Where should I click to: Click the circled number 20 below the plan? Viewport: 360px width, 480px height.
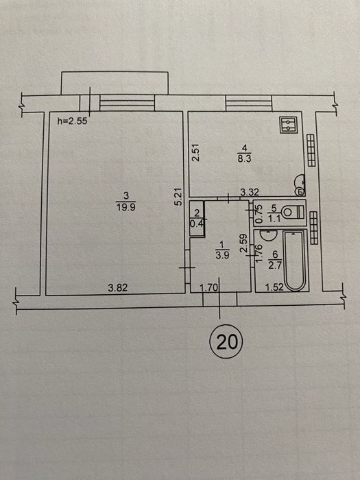[226, 341]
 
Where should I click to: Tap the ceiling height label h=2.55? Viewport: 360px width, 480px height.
[73, 121]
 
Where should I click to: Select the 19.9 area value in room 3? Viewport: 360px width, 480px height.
[125, 207]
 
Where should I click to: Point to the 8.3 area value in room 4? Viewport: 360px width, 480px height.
[244, 160]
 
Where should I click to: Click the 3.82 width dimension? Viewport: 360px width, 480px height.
[118, 288]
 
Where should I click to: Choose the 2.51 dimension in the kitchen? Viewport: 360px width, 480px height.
[196, 152]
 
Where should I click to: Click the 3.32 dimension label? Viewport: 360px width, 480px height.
[250, 192]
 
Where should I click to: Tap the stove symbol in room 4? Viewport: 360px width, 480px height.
[289, 125]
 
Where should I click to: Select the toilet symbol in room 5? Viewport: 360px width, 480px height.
[293, 212]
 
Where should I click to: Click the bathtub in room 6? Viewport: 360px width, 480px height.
[294, 260]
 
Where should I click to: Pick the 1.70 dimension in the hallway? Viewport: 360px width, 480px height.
[208, 287]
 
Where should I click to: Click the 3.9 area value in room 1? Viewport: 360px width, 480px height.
[222, 255]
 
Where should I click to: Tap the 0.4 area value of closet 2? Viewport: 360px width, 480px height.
[197, 224]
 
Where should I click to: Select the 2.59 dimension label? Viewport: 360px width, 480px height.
[244, 243]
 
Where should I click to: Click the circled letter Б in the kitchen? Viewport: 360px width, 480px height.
[300, 192]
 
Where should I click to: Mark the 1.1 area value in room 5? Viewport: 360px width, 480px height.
[274, 219]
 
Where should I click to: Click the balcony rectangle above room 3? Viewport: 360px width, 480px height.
[115, 83]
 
